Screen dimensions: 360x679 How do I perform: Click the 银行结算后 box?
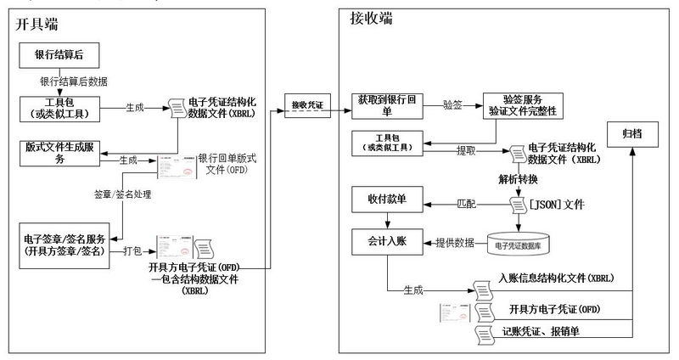pyautogui.click(x=59, y=57)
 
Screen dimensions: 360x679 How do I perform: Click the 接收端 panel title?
pyautogui.click(x=371, y=18)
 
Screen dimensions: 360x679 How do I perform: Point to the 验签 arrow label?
pyautogui.click(x=452, y=104)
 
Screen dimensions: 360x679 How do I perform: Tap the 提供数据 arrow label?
pyautogui.click(x=455, y=243)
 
